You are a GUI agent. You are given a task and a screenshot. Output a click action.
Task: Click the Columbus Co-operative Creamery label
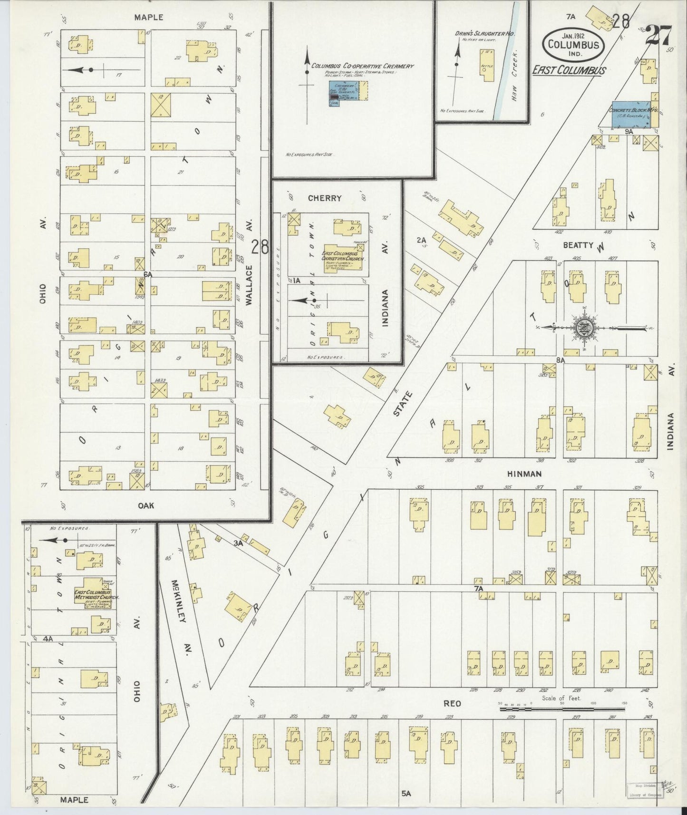click(363, 66)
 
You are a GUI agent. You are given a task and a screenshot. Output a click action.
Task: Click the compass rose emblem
click(583, 327)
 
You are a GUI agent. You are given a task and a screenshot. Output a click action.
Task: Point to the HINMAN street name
click(524, 474)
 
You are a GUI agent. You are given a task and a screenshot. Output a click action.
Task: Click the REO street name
click(452, 704)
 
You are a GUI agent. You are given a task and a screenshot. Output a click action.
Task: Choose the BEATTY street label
click(578, 245)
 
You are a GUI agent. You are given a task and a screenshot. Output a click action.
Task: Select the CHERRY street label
click(325, 198)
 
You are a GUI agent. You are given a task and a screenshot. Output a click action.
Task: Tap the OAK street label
click(146, 505)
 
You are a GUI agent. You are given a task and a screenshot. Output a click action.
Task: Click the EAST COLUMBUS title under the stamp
click(569, 70)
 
